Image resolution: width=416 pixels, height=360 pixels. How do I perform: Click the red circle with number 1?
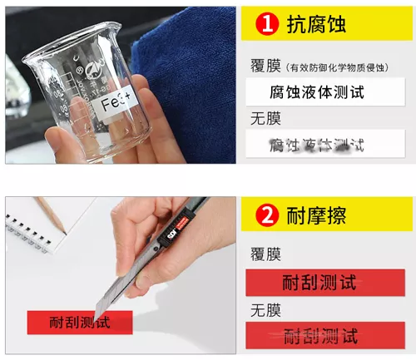(x=266, y=25)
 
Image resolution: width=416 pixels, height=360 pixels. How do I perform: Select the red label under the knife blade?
(x=79, y=321)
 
